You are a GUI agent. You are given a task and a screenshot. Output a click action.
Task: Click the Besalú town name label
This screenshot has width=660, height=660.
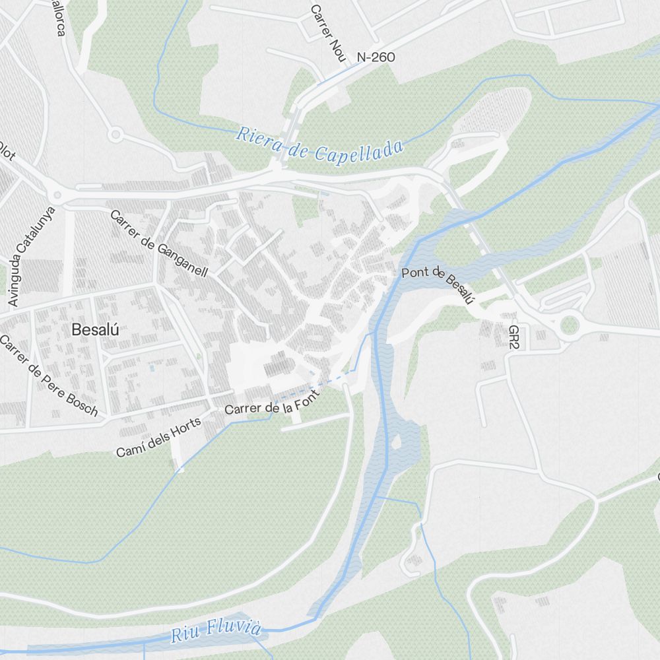click(x=96, y=329)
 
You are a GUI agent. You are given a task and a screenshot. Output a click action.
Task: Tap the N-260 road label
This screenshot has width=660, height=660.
click(x=376, y=57)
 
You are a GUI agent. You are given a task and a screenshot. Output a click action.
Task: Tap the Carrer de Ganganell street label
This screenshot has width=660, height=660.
click(x=159, y=244)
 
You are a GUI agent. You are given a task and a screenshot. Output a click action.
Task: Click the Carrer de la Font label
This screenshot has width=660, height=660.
click(x=272, y=402)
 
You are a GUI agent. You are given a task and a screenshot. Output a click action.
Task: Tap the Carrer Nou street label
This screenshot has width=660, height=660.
click(x=327, y=34)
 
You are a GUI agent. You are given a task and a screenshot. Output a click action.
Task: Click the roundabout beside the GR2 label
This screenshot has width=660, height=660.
click(x=569, y=325)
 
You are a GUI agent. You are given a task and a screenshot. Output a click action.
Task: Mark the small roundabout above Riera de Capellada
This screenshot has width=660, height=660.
click(x=116, y=135)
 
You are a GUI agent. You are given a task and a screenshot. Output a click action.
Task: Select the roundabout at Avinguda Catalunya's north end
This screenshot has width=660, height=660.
click(x=57, y=195)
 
